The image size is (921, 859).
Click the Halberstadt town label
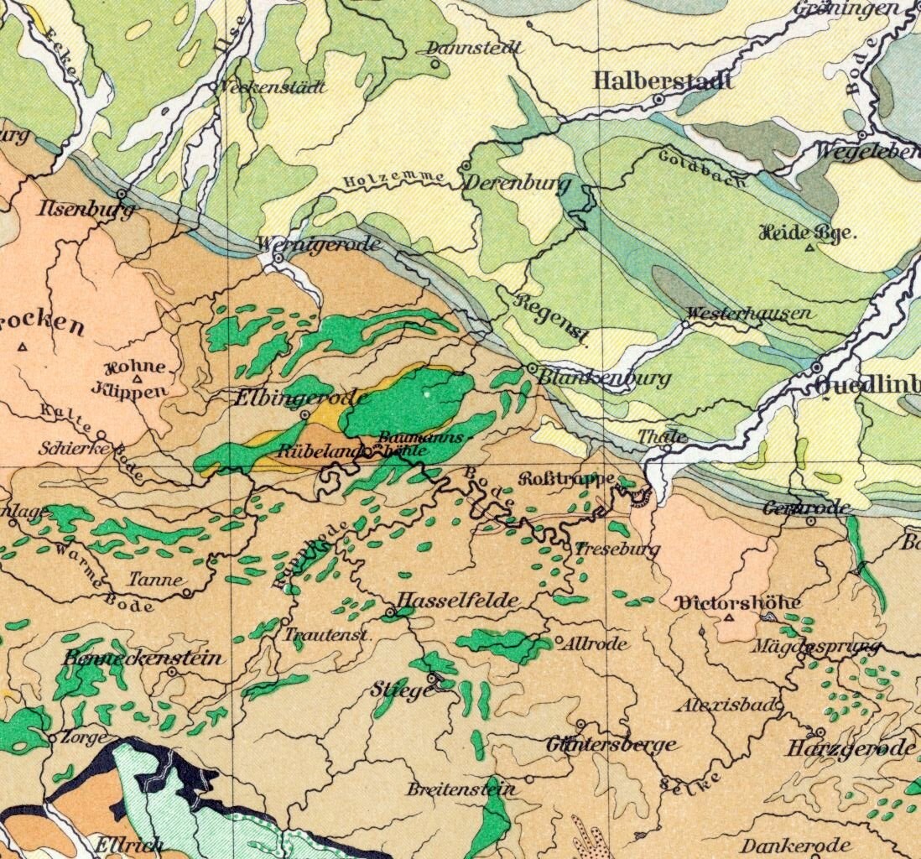click(663, 81)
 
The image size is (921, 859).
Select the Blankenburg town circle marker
click(532, 368)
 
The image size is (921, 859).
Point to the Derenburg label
click(516, 184)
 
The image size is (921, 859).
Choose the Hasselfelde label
click(455, 601)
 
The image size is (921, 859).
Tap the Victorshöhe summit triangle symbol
click(729, 618)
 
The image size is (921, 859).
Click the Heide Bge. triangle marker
click(809, 248)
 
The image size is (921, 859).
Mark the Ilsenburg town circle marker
click(122, 194)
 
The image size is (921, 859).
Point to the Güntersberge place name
click(611, 744)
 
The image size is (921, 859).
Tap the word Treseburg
click(617, 549)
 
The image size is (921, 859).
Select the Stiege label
click(403, 690)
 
